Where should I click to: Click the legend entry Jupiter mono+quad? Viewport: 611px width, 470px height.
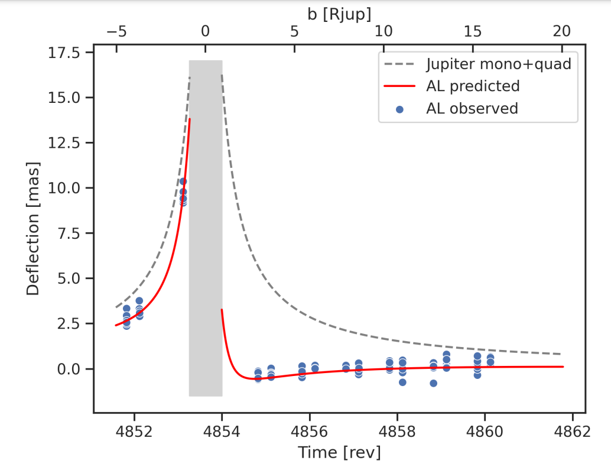[498, 63]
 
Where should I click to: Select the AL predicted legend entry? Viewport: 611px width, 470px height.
[472, 86]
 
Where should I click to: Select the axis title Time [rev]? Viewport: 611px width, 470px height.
[339, 453]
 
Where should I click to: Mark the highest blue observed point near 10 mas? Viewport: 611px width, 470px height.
[183, 181]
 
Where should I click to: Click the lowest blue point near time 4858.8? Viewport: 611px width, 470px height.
[434, 383]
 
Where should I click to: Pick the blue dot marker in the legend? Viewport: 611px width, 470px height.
[400, 109]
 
